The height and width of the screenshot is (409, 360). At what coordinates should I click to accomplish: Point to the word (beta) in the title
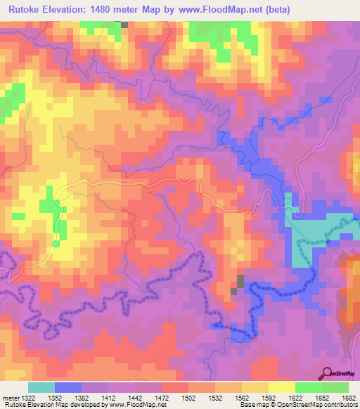[274, 10]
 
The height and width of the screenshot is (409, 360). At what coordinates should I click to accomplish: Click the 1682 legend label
[349, 398]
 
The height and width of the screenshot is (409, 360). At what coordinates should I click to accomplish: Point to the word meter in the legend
[11, 398]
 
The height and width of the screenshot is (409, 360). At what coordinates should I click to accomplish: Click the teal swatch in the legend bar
[41, 388]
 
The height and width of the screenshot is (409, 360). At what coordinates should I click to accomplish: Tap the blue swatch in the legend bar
[68, 388]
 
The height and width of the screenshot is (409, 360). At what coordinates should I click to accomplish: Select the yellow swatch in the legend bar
[282, 388]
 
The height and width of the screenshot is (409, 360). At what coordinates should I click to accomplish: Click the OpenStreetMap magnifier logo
[326, 373]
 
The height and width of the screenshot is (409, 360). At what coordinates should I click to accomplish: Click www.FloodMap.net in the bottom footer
[137, 405]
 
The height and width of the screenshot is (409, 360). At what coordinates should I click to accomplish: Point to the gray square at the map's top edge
[124, 25]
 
